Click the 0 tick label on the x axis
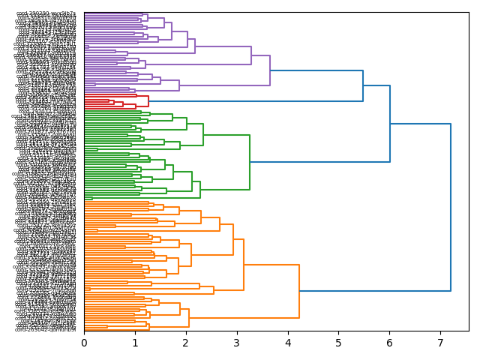coord(84,343)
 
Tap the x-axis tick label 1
coord(135,343)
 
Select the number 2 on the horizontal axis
coord(186,343)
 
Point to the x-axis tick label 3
coord(237,343)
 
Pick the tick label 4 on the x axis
coord(288,343)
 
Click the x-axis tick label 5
coord(338,343)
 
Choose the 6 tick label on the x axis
coord(389,343)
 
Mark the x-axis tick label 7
coord(440,343)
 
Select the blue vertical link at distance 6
coord(390,124)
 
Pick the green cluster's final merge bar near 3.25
coord(250,161)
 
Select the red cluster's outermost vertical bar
coord(148,101)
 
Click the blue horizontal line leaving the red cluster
coord(255,101)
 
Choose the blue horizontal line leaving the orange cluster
coord(375,291)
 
